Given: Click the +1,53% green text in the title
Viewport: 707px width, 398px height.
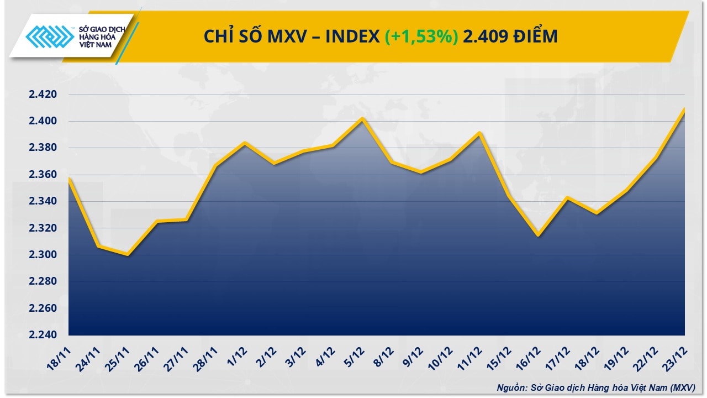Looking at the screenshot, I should [x=421, y=36].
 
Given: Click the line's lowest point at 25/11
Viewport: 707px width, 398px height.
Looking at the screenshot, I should [x=128, y=255].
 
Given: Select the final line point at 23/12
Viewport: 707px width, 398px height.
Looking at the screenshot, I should [x=684, y=108].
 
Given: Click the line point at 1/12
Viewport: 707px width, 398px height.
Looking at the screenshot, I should [x=245, y=143].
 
